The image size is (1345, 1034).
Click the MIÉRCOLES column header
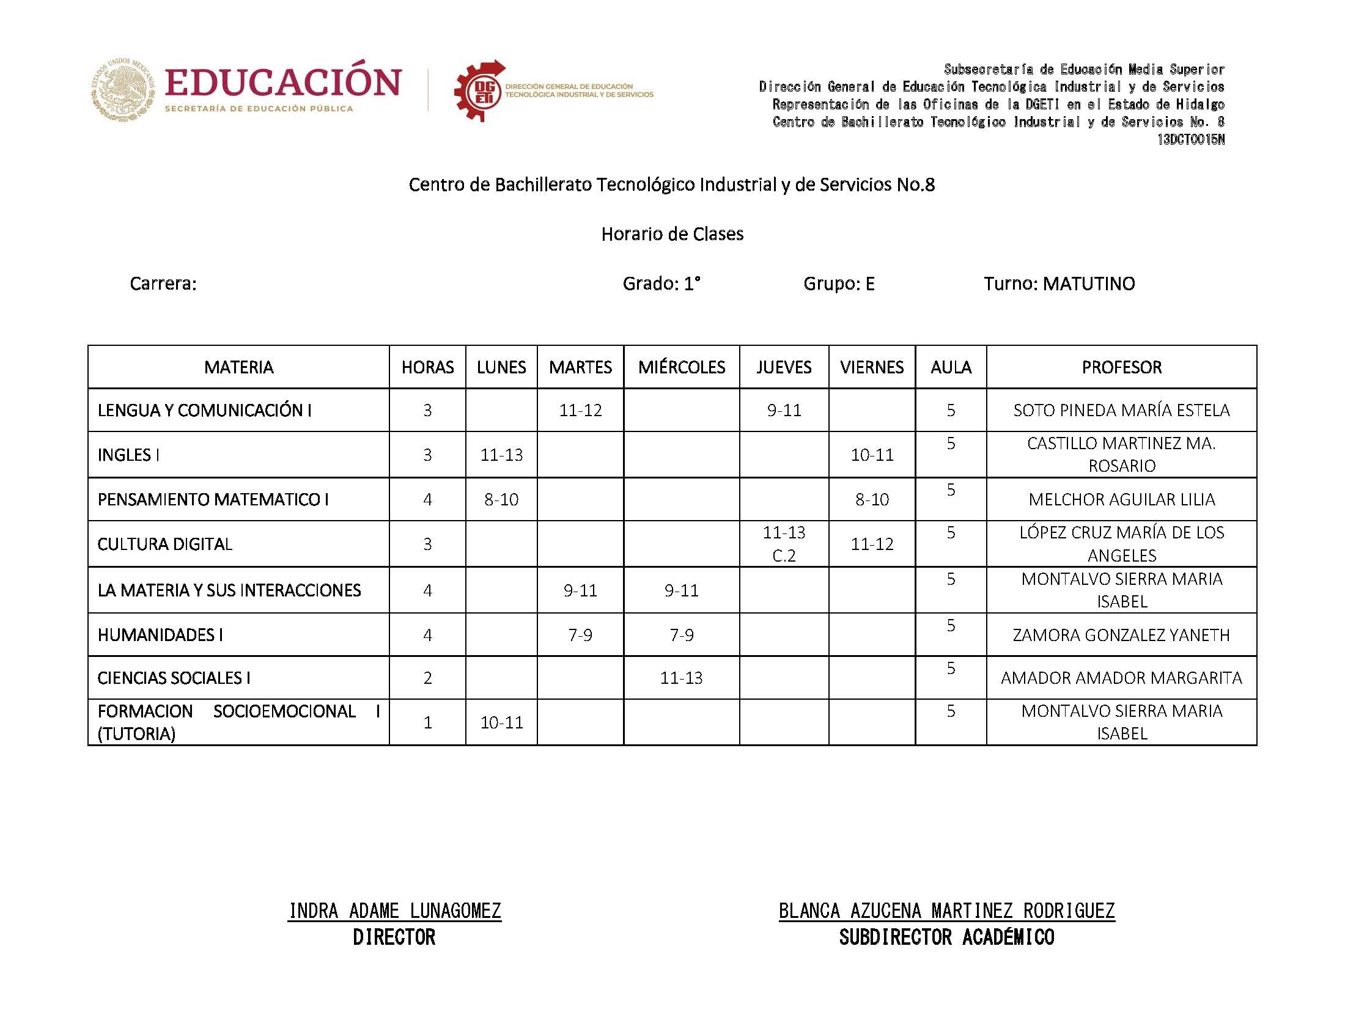(681, 367)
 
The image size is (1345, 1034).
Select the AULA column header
(951, 367)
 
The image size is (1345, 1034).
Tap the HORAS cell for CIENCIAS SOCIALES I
(427, 678)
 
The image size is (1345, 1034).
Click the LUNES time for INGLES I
(501, 455)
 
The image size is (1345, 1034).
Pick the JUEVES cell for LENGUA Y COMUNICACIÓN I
(784, 410)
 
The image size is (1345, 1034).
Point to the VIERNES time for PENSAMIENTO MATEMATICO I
(872, 499)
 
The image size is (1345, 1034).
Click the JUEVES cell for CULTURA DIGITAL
(784, 543)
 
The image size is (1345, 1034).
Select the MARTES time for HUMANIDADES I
(580, 634)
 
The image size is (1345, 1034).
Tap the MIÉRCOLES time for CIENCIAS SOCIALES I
(681, 678)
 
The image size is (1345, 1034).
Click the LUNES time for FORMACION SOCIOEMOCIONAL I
(501, 722)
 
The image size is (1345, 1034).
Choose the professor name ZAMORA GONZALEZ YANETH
(1121, 634)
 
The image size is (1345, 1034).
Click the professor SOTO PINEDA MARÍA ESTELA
(1121, 410)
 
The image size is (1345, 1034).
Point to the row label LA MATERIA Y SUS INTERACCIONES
(229, 590)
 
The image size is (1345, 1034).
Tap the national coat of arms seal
(123, 90)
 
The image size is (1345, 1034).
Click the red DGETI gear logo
(479, 91)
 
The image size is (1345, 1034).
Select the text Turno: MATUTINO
(1059, 284)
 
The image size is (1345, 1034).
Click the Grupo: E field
(838, 284)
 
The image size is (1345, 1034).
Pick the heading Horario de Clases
(672, 234)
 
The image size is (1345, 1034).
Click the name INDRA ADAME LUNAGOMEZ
(394, 911)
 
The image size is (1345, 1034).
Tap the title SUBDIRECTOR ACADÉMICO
(946, 937)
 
